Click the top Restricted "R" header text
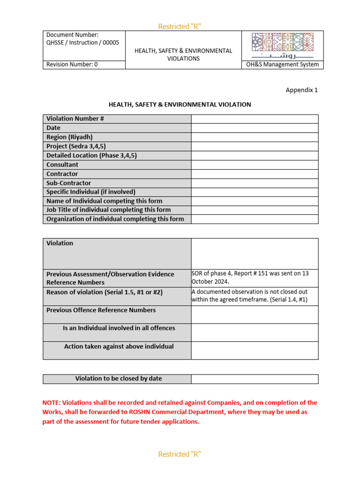[180, 26]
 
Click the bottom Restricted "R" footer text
[180, 454]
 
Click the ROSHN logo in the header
[282, 45]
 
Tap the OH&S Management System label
[282, 65]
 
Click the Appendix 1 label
[301, 90]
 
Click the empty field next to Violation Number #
[255, 119]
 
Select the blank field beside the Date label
[255, 128]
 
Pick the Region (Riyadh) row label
[69, 137]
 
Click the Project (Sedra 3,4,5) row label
[76, 146]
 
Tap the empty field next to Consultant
[255, 165]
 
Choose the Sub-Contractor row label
[68, 183]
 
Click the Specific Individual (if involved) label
[90, 192]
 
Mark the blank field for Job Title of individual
[255, 210]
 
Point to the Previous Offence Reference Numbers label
[101, 310]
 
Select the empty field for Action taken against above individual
[255, 350]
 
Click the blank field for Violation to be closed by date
[255, 379]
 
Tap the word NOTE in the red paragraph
[51, 403]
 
